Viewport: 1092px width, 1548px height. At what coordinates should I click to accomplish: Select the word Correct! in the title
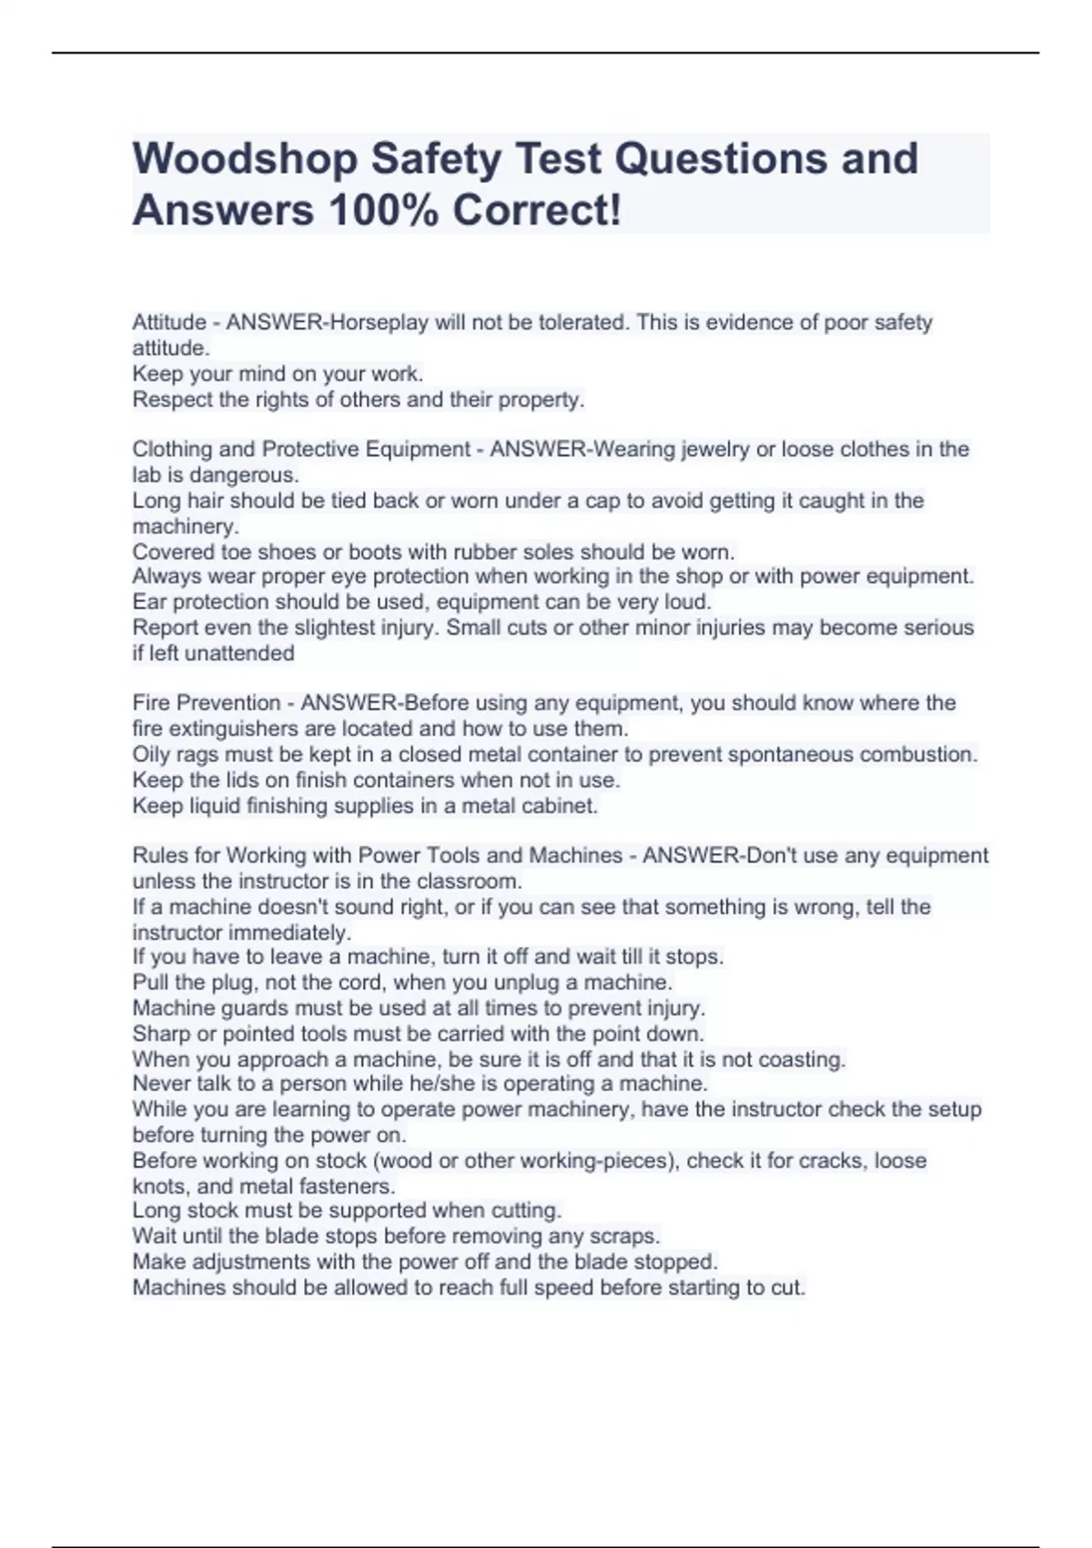point(538,211)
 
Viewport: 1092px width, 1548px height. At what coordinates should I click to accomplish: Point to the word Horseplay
point(373,322)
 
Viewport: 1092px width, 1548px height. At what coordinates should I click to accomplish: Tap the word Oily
point(152,755)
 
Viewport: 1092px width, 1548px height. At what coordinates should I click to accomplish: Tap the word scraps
point(628,1237)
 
